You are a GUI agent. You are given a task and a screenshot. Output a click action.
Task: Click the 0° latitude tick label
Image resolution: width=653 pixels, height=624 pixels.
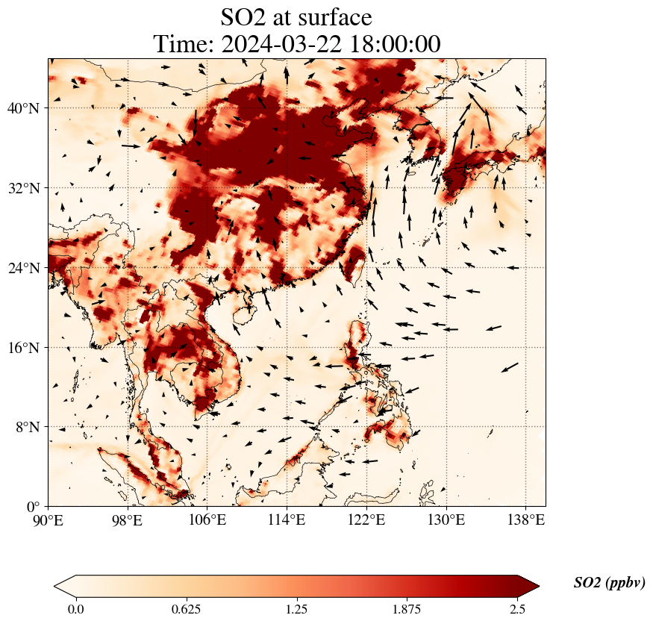point(34,507)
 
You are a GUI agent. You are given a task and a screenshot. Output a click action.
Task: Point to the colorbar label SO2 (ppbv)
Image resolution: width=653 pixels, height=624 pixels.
point(609,583)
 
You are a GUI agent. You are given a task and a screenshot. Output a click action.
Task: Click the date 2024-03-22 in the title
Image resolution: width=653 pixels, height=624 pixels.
point(281,44)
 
